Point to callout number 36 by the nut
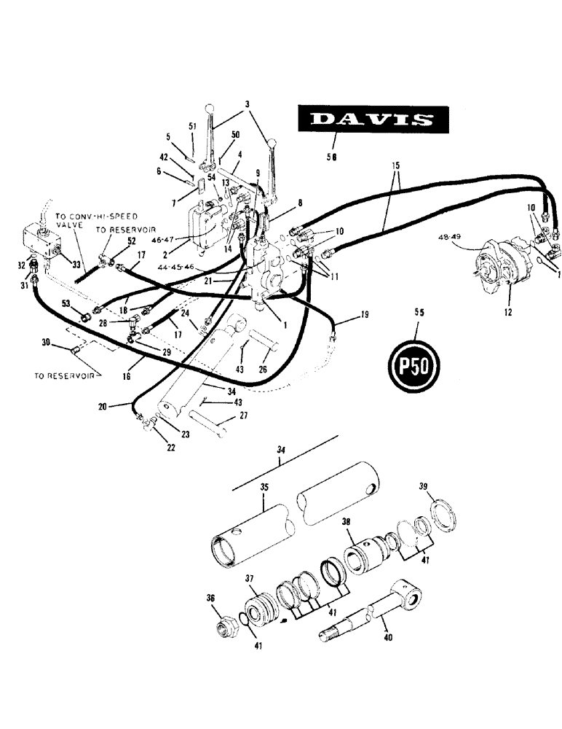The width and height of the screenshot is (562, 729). tap(213, 597)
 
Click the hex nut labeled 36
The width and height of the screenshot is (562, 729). tap(226, 626)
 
